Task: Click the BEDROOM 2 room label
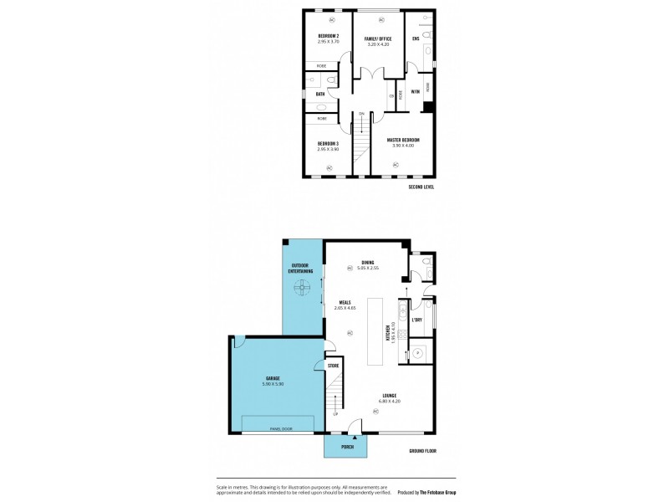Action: [328, 35]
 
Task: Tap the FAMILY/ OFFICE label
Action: [378, 38]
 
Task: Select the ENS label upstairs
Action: [416, 38]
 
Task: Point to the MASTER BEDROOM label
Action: [403, 140]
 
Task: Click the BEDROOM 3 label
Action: [328, 144]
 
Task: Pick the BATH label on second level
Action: [320, 94]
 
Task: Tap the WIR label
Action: [415, 91]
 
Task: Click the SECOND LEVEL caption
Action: [421, 187]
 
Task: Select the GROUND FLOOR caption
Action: [422, 451]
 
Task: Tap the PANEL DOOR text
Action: [280, 429]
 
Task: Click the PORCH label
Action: [347, 447]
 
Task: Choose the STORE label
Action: [333, 366]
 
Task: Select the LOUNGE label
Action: [389, 396]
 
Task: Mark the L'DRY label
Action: [418, 320]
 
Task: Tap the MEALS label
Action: [345, 303]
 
